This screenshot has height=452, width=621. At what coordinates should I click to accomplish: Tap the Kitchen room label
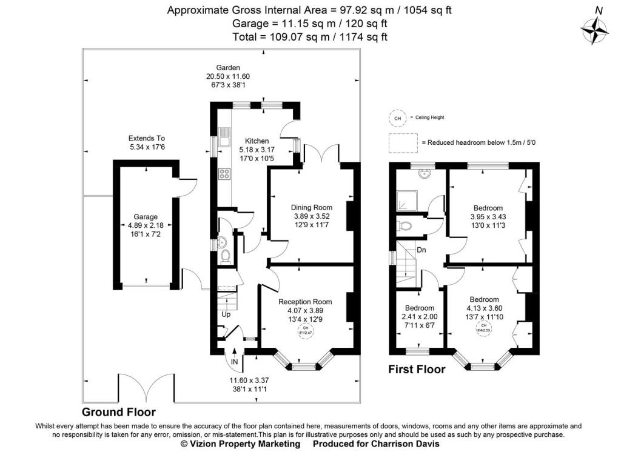[253, 141]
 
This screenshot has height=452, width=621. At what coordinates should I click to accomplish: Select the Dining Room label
[312, 207]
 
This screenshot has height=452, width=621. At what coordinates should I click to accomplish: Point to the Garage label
[146, 216]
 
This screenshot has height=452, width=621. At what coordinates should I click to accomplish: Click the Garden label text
[228, 67]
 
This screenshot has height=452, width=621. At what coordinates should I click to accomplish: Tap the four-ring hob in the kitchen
[224, 174]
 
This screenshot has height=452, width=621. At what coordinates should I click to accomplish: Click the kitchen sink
[224, 139]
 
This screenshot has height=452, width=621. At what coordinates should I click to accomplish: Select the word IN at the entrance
[235, 362]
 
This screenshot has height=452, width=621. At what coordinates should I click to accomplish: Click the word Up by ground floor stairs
[226, 315]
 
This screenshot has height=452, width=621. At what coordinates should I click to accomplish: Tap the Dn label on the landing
[420, 250]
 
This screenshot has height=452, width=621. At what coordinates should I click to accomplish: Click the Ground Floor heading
[118, 413]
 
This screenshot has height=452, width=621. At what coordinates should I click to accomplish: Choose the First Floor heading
[417, 370]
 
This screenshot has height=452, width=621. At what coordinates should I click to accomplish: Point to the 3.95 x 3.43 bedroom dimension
[488, 216]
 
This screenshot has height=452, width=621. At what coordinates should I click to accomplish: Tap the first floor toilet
[406, 227]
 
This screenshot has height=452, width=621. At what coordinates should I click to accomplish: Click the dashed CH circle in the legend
[397, 119]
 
